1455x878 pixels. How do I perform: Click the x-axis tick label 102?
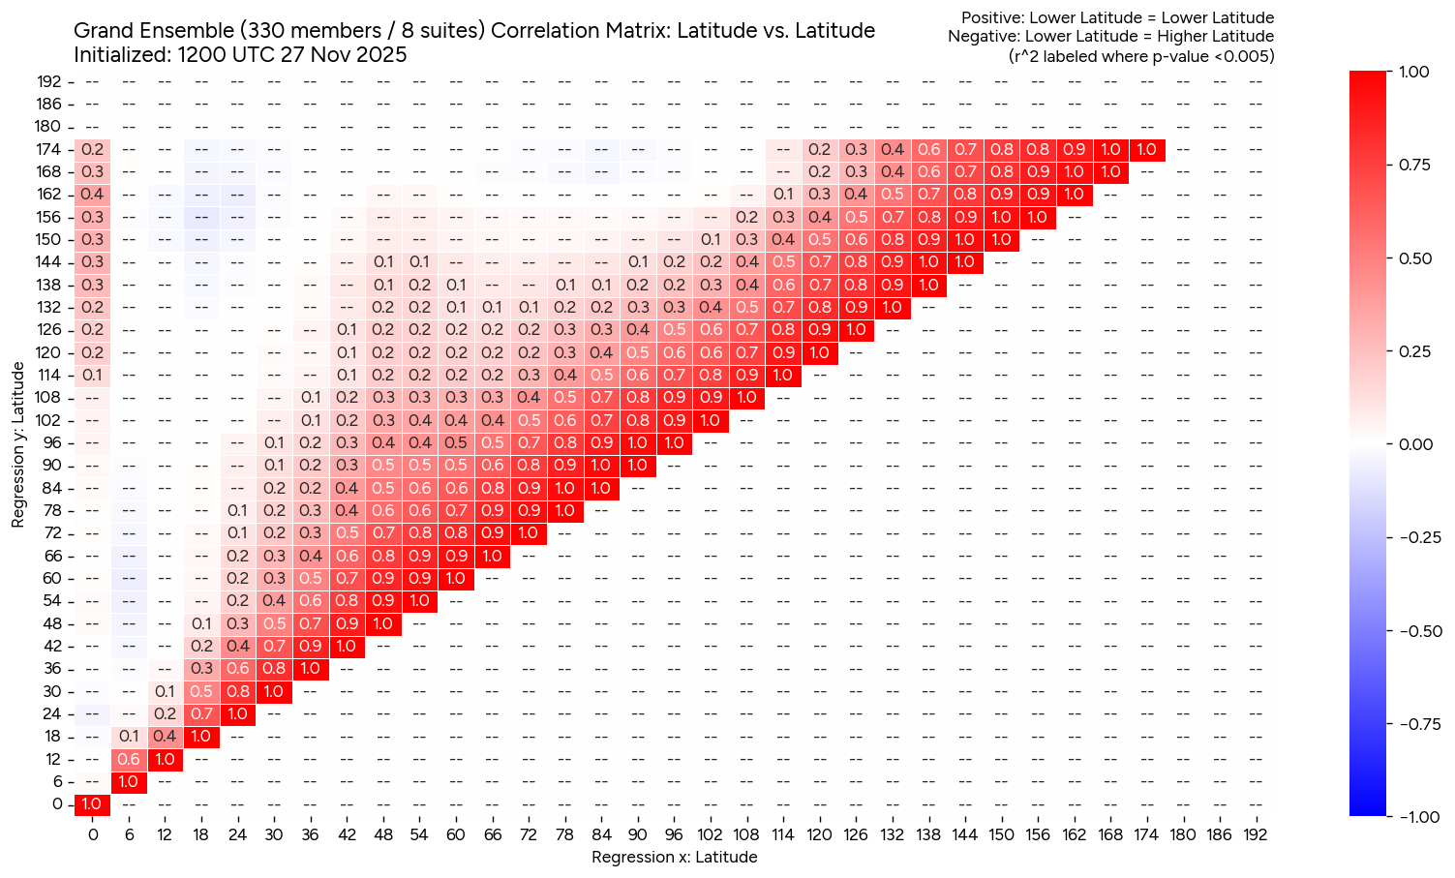(710, 834)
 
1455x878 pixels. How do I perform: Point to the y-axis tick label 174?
(49, 149)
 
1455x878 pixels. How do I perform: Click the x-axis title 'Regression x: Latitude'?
(674, 857)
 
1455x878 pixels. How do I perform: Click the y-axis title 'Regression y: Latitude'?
(18, 445)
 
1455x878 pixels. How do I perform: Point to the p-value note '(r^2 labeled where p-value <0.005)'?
(1141, 56)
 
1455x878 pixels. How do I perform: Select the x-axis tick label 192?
(1255, 834)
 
